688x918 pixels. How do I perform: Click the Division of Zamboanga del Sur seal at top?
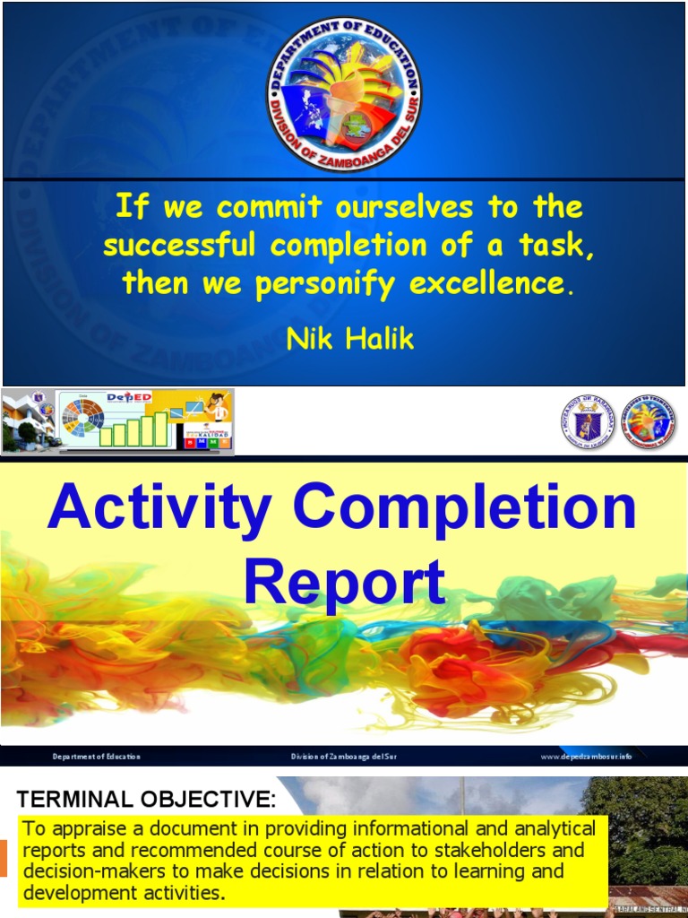tap(344, 94)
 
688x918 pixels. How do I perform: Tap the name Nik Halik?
tap(350, 339)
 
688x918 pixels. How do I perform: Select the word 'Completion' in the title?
tap(464, 507)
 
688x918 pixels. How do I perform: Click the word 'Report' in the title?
tap(344, 583)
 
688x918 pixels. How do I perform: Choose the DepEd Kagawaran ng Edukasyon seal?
tap(588, 421)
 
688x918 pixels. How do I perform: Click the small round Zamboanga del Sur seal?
tap(649, 421)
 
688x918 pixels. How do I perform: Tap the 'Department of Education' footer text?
tap(96, 757)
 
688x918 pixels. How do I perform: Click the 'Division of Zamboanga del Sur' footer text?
tap(343, 757)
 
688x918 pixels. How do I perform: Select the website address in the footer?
tap(586, 757)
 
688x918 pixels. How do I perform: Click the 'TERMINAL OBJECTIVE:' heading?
tap(147, 799)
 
